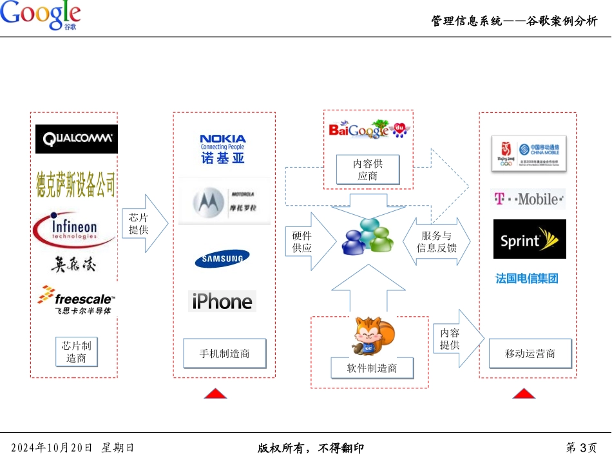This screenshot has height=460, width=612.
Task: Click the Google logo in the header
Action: click(x=40, y=15)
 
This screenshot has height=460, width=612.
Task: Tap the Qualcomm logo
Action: click(x=77, y=139)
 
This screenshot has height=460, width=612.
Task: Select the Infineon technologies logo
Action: click(x=74, y=230)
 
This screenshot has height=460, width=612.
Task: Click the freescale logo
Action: click(x=77, y=301)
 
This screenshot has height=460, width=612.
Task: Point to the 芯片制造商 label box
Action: click(x=76, y=352)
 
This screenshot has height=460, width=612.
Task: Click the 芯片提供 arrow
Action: click(x=144, y=223)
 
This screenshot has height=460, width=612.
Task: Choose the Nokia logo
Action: click(x=222, y=148)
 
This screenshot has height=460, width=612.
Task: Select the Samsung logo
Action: click(x=222, y=259)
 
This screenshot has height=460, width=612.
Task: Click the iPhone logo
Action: click(x=222, y=301)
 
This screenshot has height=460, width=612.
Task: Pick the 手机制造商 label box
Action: click(x=224, y=354)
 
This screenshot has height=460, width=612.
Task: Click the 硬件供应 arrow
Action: click(x=309, y=242)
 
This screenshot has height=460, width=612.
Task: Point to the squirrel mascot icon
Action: click(x=369, y=336)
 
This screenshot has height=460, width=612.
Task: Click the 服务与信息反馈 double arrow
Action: click(x=437, y=242)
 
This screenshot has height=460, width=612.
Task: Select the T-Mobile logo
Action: click(x=528, y=199)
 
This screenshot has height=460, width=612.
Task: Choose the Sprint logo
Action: click(x=530, y=239)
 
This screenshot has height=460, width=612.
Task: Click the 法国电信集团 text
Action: click(x=527, y=279)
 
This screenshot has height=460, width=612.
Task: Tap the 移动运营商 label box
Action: click(x=530, y=354)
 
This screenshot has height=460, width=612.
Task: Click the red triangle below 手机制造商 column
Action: click(x=215, y=394)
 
